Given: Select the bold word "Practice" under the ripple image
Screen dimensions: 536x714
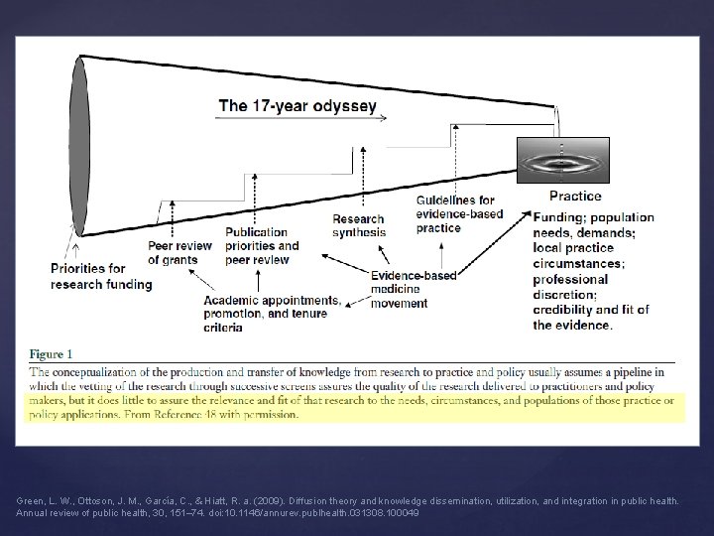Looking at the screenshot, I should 574,197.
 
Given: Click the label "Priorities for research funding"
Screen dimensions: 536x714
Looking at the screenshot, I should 102,276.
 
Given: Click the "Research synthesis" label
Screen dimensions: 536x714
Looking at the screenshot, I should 359,225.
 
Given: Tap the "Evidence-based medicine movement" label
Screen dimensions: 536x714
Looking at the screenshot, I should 414,289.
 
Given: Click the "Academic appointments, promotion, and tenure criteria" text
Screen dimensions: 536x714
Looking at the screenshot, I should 271,313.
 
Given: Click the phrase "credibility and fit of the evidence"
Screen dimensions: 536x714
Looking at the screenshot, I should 589,317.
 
